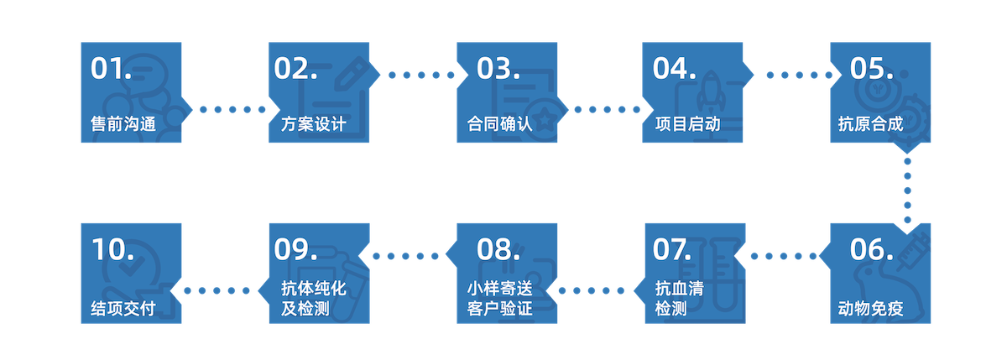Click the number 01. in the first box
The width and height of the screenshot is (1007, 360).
[x=112, y=69]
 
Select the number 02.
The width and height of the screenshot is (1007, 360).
[x=296, y=69]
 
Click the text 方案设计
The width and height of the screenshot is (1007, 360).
[x=313, y=125]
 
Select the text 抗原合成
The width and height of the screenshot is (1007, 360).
[x=870, y=125]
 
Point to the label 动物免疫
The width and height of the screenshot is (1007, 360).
[x=870, y=307]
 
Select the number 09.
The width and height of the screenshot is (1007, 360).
[x=296, y=250]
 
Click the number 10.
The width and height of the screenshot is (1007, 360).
[x=112, y=250]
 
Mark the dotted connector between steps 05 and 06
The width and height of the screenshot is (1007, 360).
[x=906, y=189]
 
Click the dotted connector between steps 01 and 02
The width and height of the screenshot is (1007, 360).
[x=225, y=109]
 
